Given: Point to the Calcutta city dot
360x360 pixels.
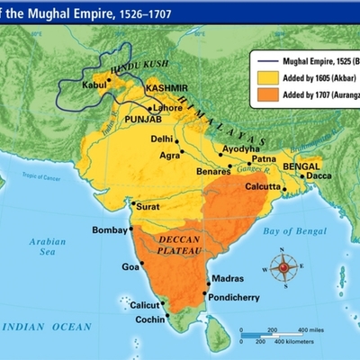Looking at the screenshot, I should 284,187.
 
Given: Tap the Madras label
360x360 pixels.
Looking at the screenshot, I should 227,278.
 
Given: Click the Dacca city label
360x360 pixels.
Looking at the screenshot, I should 319,175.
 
